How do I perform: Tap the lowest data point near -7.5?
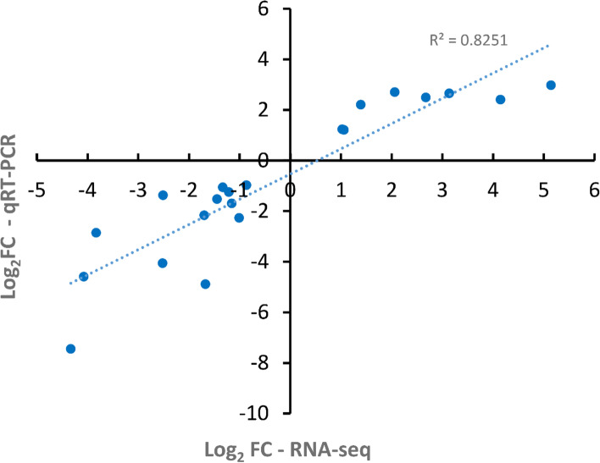pos(70,349)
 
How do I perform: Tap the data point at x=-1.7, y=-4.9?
pos(205,284)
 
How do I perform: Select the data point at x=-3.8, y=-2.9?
pos(96,233)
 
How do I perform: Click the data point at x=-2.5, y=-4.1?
pos(163,263)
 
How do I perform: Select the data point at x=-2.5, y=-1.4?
pos(163,196)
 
